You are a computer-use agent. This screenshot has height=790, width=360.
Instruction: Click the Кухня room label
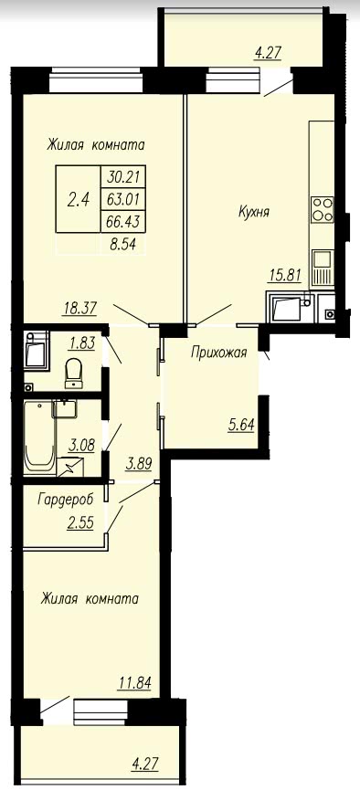pyautogui.click(x=254, y=213)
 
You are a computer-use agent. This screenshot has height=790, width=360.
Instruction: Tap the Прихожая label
pyautogui.click(x=218, y=353)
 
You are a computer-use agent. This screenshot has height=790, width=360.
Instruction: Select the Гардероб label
pyautogui.click(x=66, y=500)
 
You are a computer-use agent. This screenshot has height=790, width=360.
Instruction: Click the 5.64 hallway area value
pyautogui.click(x=240, y=427)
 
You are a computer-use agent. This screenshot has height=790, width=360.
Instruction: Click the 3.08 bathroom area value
pyautogui.click(x=80, y=446)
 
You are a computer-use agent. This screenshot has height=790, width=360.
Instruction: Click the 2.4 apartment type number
pyautogui.click(x=79, y=199)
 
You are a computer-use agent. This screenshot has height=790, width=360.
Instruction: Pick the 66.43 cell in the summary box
pyautogui.click(x=123, y=220)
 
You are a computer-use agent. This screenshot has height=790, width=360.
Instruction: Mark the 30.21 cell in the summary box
pyautogui.click(x=123, y=177)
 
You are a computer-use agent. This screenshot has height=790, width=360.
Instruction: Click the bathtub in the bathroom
pyautogui.click(x=40, y=437)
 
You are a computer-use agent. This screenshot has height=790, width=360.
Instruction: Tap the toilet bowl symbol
pyautogui.click(x=75, y=374)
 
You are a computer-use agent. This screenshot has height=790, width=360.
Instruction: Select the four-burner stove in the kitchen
pyautogui.click(x=323, y=209)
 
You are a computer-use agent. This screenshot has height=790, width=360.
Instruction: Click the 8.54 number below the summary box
pyautogui.click(x=124, y=246)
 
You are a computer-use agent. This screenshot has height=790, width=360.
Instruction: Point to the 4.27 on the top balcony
pyautogui.click(x=268, y=53)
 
